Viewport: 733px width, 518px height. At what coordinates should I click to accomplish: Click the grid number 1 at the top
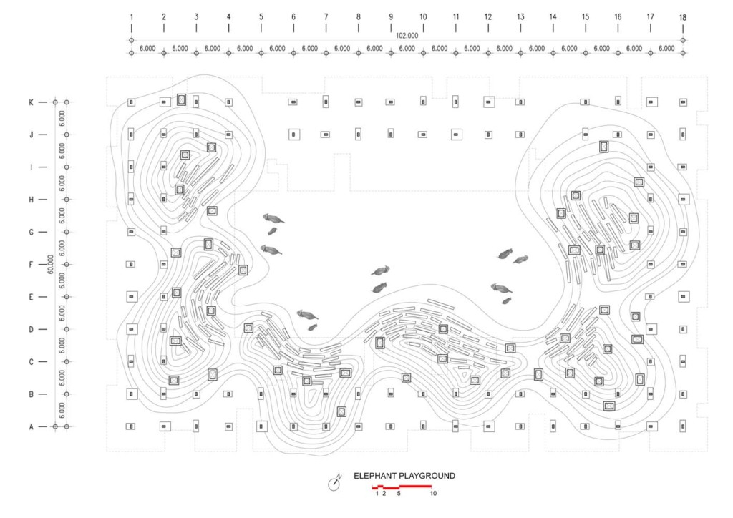tap(132, 17)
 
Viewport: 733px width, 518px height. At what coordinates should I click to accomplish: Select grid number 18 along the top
tap(682, 18)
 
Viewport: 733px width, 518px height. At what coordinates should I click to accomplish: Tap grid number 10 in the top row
tap(423, 17)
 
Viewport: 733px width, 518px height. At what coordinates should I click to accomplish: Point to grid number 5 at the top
tap(261, 17)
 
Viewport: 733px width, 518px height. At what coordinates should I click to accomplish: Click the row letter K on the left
tap(31, 102)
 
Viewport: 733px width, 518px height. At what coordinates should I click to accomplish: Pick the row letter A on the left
tap(31, 426)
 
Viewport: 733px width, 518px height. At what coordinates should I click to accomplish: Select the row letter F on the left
tap(31, 265)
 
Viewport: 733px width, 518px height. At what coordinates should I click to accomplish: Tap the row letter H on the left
tap(31, 200)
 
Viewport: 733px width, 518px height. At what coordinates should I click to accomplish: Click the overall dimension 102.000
tap(407, 36)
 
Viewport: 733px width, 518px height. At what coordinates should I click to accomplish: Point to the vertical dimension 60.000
tap(51, 264)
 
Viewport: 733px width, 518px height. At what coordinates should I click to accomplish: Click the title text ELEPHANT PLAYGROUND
tap(404, 476)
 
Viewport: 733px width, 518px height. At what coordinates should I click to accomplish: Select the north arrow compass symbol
tap(334, 484)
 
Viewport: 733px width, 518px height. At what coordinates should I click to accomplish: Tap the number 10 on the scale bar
tap(433, 493)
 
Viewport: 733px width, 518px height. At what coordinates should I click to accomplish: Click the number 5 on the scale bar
tap(399, 493)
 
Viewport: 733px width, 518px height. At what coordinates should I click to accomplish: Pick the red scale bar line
tap(402, 487)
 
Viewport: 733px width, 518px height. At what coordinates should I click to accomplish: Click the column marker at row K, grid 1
tap(132, 102)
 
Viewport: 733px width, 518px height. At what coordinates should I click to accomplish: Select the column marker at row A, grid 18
tap(683, 426)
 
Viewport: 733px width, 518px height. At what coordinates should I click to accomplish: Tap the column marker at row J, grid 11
tap(456, 135)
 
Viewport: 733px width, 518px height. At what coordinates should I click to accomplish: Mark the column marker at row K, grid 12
tap(488, 102)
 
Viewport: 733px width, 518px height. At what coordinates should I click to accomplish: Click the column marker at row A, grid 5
tap(261, 426)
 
